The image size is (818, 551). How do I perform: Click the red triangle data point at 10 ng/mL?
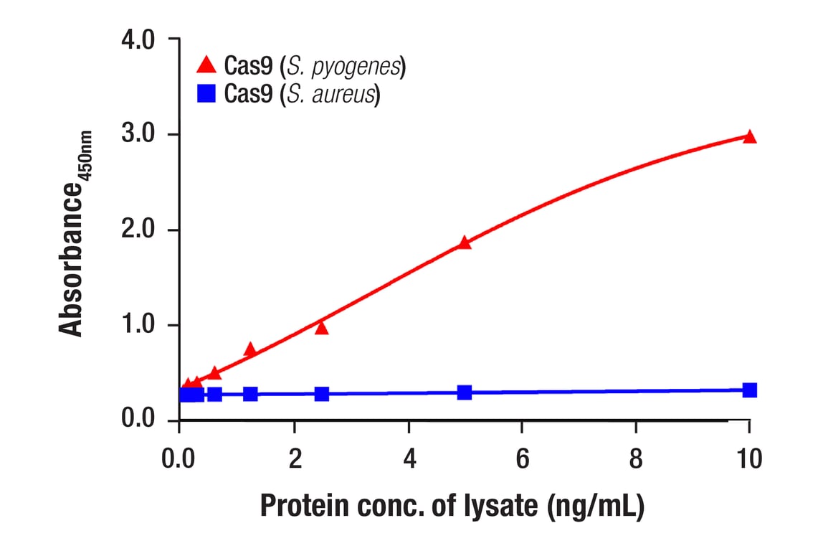click(x=750, y=136)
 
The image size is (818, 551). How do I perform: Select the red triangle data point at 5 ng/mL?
click(x=465, y=242)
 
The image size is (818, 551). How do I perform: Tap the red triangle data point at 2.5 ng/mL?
click(x=321, y=328)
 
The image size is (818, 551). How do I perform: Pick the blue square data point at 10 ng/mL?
click(x=750, y=390)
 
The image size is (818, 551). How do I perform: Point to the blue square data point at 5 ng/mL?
click(x=465, y=392)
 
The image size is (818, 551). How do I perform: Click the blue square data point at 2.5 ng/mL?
click(x=321, y=394)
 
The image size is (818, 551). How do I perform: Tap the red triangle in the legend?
click(x=206, y=66)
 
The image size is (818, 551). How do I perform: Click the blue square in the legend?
click(x=206, y=93)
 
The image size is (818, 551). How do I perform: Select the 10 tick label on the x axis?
click(x=749, y=458)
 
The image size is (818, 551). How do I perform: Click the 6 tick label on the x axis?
click(x=522, y=458)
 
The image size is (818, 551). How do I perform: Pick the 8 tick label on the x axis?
click(x=636, y=458)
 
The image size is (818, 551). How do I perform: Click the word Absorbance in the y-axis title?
click(x=70, y=260)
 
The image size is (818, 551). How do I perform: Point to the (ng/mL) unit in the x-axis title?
click(x=595, y=507)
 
